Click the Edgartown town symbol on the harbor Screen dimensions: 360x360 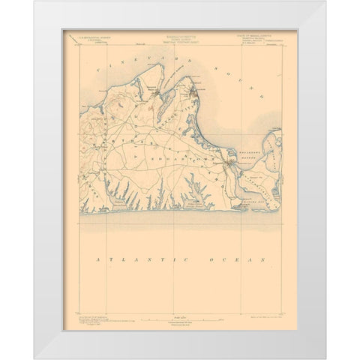point(224,163)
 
